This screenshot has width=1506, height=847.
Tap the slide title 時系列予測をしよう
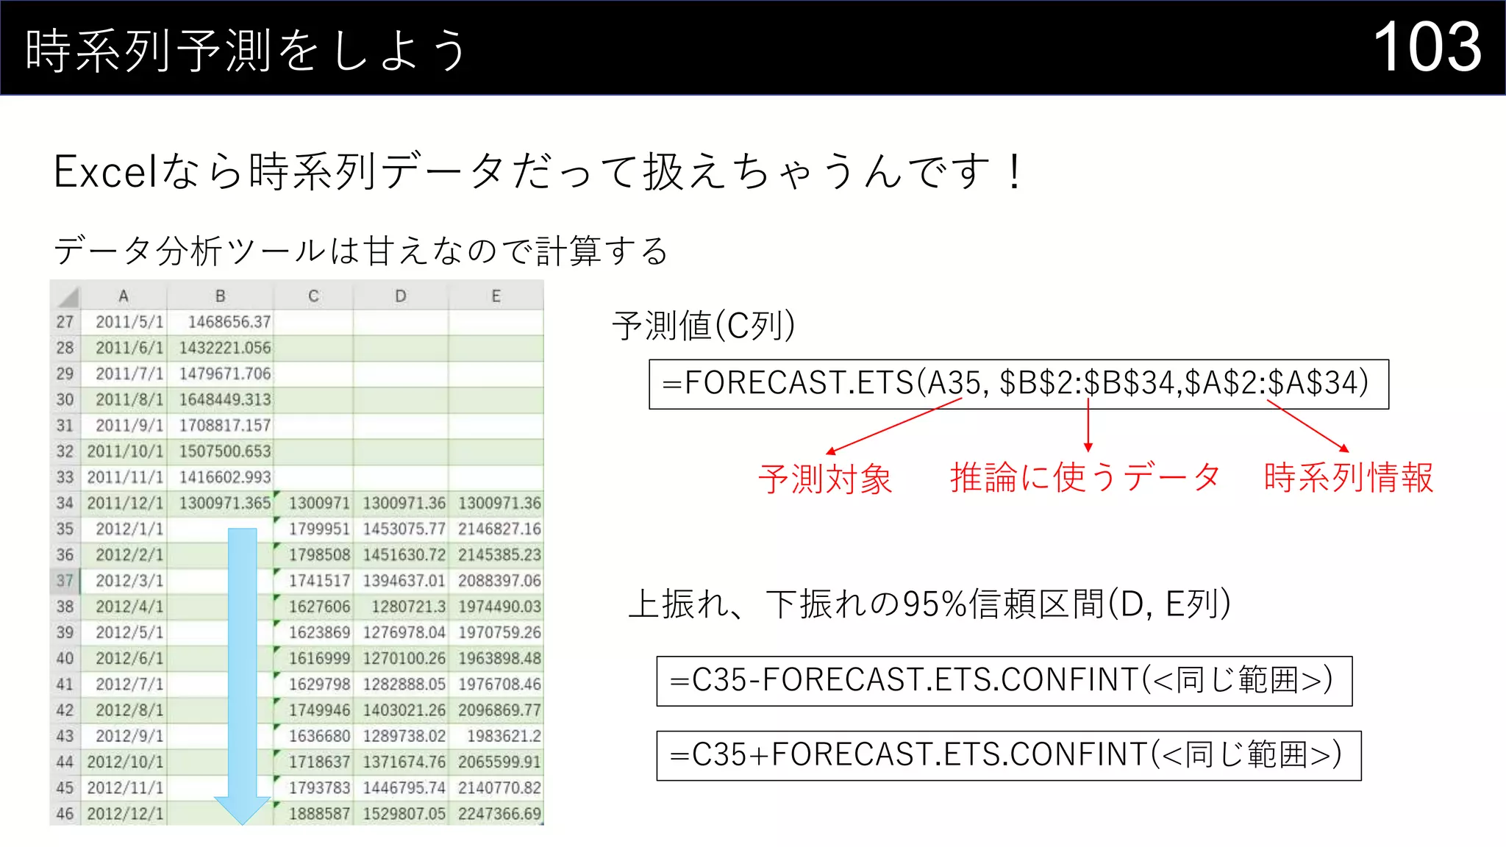pos(246,50)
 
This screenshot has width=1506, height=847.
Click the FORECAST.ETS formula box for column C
pos(1018,384)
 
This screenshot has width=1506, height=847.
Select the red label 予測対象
pos(825,479)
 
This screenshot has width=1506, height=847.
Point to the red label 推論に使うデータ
pos(1085,477)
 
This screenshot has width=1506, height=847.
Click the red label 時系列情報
pos(1349,477)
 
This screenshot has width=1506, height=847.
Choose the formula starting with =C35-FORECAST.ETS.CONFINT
pos(1004,681)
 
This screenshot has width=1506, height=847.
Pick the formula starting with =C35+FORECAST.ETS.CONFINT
pos(1008,755)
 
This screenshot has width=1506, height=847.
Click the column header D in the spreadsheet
pos(400,296)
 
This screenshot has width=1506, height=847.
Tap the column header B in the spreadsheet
pos(220,296)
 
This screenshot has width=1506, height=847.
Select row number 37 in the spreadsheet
pos(65,581)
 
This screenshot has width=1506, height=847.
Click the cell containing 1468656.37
pos(229,322)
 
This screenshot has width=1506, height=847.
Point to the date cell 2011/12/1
pos(125,504)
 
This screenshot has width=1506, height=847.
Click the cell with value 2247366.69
pos(499,814)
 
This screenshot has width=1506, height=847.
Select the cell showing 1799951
pos(318,529)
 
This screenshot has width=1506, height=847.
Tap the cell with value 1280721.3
pos(408,607)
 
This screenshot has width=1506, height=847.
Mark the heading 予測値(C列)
pos(703,326)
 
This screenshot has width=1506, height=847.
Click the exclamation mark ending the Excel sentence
pos(1015,172)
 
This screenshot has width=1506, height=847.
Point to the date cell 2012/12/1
pos(125,814)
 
